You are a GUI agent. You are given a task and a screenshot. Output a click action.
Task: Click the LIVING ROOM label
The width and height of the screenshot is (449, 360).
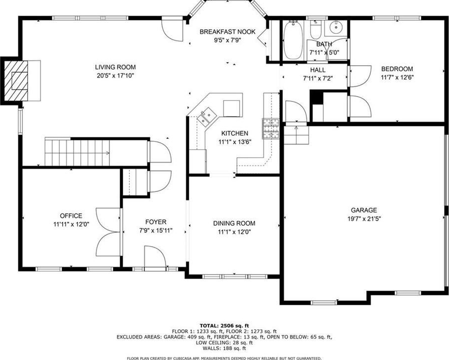115,67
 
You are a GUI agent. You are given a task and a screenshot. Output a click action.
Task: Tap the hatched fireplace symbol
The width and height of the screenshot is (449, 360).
16,81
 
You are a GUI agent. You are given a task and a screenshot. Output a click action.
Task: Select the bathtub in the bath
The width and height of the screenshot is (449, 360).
293,40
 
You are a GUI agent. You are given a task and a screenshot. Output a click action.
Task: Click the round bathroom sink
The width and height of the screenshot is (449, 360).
335,28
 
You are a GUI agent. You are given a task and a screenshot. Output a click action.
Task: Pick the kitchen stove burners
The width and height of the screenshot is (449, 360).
270,129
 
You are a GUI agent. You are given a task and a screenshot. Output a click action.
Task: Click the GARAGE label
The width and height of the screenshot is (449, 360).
364,210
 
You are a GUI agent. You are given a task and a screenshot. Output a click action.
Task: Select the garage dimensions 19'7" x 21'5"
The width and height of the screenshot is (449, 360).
364,219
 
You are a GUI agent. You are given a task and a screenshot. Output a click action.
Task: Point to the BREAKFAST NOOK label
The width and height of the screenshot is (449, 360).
227,31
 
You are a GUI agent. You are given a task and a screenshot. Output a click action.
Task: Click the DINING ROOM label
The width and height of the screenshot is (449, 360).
234,223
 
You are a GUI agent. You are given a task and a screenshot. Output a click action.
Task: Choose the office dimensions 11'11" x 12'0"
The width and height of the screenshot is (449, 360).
71,224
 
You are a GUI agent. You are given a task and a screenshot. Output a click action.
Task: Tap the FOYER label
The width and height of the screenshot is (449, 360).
156,222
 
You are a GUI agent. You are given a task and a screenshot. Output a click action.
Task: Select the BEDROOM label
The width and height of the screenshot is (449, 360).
397,69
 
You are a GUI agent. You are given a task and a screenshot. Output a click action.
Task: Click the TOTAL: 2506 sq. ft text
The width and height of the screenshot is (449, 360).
224,326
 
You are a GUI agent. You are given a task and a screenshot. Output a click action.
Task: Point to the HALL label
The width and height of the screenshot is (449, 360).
318,70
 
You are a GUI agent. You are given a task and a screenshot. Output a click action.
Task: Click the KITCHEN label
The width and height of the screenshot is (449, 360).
235,133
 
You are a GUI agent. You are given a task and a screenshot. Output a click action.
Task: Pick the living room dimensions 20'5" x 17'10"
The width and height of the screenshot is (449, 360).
115,76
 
